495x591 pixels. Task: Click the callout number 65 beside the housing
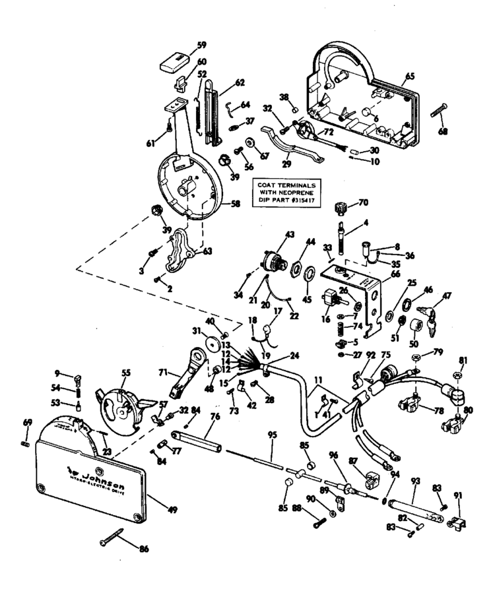coord(410,77)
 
